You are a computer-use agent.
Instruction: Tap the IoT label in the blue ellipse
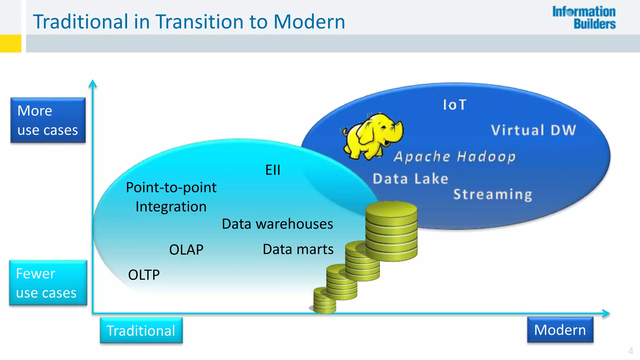[455, 105]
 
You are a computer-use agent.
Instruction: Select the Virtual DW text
[533, 130]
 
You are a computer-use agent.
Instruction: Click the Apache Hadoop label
[454, 157]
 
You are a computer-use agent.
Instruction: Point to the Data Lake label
[410, 179]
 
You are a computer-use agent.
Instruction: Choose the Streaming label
[492, 194]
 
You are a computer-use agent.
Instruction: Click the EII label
[272, 170]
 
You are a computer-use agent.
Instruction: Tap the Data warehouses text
[277, 224]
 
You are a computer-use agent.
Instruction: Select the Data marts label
[298, 249]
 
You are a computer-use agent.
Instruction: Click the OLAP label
[186, 250]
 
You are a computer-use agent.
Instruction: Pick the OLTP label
[144, 275]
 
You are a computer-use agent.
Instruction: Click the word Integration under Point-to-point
[171, 207]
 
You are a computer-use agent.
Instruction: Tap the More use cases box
[48, 120]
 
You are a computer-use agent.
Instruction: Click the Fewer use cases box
[48, 283]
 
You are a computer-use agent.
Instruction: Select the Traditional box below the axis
[141, 331]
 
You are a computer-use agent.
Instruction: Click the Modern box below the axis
[560, 330]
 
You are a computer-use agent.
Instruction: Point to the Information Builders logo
[584, 18]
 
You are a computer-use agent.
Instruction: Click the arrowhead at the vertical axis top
[92, 83]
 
